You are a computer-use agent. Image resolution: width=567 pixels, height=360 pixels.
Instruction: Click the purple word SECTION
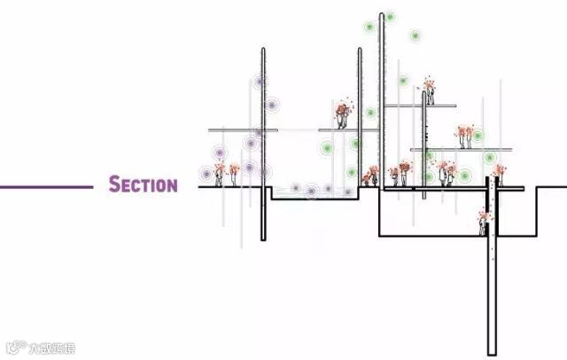143,185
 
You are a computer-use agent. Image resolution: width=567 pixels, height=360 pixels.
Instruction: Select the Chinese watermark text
51,347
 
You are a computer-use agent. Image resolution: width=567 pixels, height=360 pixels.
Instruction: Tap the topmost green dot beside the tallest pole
390,17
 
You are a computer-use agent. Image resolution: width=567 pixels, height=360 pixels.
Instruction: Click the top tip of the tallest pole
382,14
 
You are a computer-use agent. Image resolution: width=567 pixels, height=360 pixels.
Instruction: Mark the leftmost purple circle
206,173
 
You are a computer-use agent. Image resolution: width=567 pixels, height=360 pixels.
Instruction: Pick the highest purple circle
260,82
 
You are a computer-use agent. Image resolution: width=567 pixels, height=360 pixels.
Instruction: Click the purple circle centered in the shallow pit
312,190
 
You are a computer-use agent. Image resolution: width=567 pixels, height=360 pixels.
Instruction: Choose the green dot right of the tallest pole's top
415,36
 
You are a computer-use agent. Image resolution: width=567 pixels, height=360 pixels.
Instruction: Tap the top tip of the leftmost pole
263,50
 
